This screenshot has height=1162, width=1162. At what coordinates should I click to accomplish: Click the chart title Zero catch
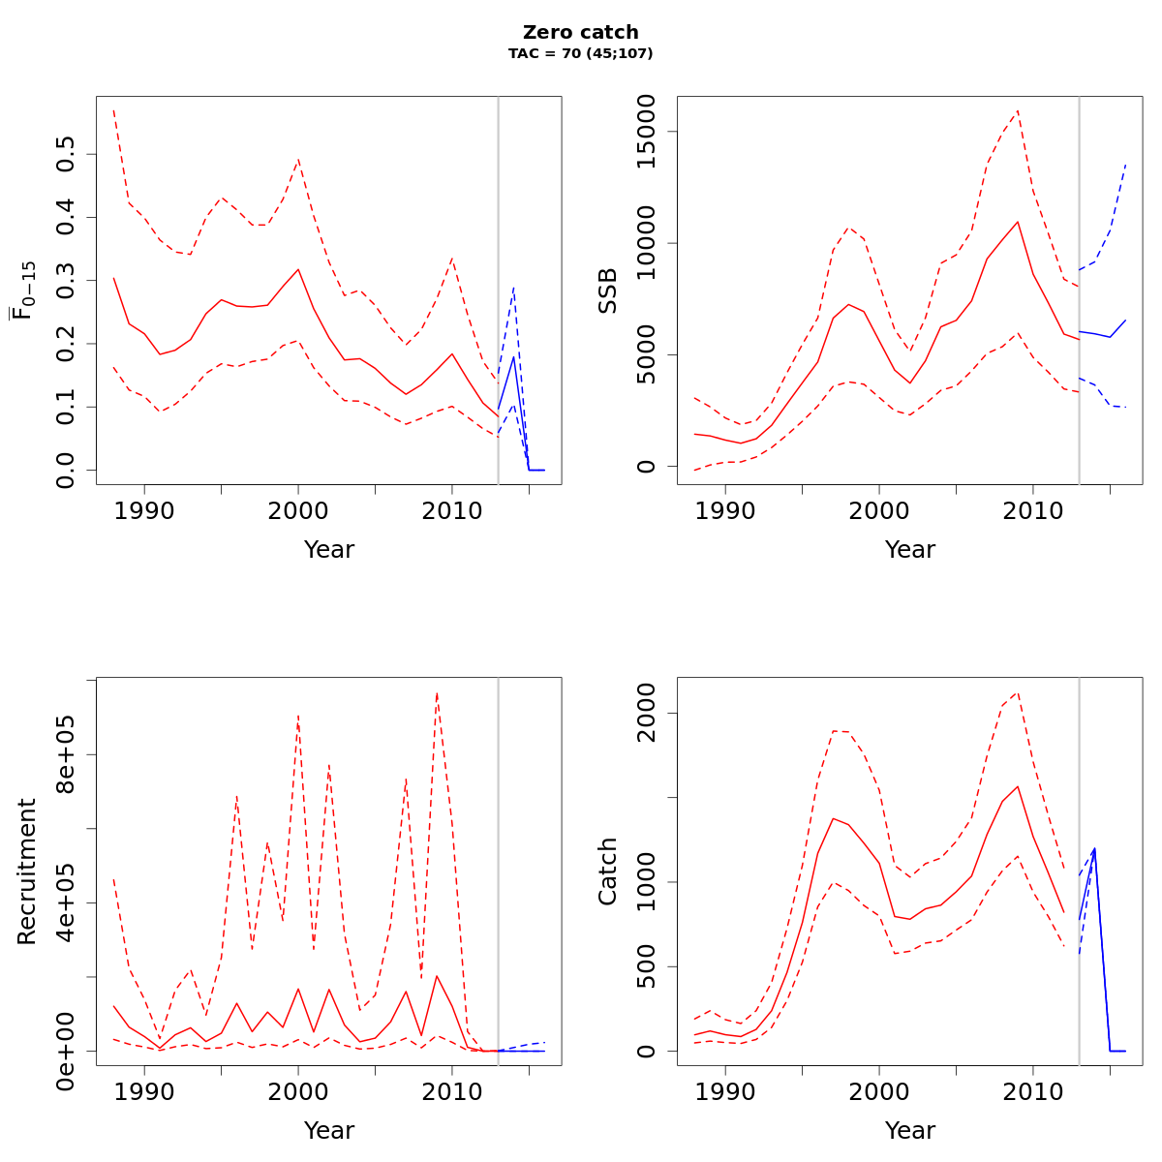pyautogui.click(x=580, y=33)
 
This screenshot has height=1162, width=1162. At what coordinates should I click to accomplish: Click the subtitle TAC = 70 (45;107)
pyautogui.click(x=580, y=53)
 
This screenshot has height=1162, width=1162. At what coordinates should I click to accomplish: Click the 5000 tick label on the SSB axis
pyautogui.click(x=646, y=354)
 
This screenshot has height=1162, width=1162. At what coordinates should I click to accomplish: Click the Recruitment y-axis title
pyautogui.click(x=26, y=871)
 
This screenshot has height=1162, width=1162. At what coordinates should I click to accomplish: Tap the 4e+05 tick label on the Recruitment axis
pyautogui.click(x=65, y=902)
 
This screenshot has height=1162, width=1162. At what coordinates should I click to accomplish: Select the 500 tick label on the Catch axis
pyautogui.click(x=646, y=966)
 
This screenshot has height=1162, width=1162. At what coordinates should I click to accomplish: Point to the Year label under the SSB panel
pyautogui.click(x=909, y=550)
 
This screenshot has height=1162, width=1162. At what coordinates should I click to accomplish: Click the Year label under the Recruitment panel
pyautogui.click(x=328, y=1131)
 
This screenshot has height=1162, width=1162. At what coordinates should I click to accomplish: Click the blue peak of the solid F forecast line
pyautogui.click(x=513, y=356)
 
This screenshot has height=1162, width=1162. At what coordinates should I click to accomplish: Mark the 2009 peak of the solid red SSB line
pyautogui.click(x=1018, y=222)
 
